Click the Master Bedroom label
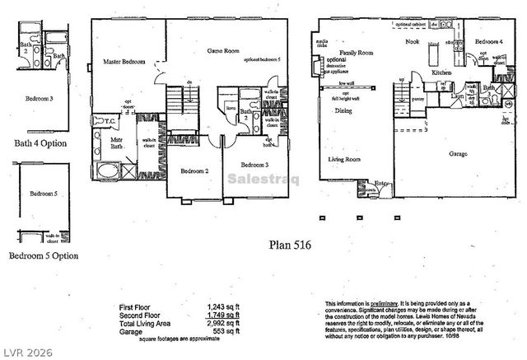click(124, 61)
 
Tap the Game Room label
click(222, 51)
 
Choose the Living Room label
click(347, 159)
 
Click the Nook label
click(413, 41)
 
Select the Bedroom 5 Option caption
click(44, 255)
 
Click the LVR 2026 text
click(27, 349)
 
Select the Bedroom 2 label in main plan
click(193, 171)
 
